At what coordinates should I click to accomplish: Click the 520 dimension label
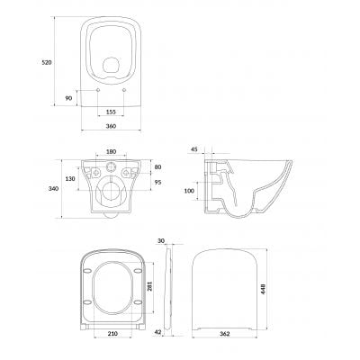(x=47, y=63)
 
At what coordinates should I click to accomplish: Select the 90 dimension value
(x=68, y=98)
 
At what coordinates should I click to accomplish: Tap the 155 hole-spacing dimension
(x=111, y=112)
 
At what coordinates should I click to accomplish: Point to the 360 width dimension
(x=111, y=126)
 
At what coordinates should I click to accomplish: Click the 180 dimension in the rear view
(x=111, y=152)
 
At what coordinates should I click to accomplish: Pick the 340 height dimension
(x=53, y=189)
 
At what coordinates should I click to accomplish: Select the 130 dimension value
(x=70, y=179)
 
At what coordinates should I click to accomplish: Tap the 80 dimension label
(x=157, y=167)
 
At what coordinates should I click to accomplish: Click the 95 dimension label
(x=157, y=182)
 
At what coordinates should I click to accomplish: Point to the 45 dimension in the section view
(x=194, y=149)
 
